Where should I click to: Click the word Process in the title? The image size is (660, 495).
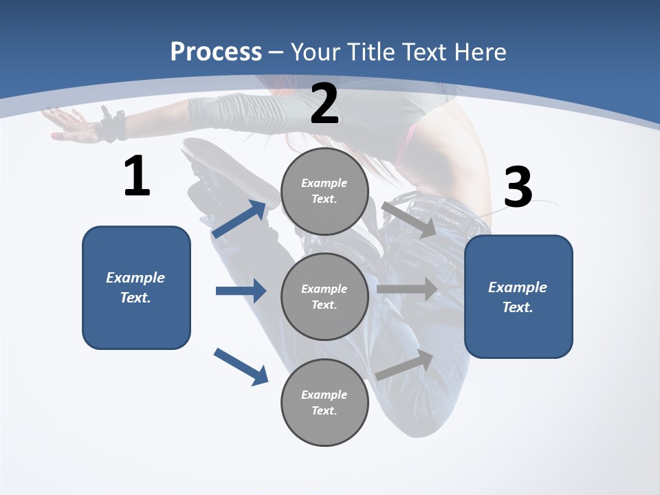click(216, 52)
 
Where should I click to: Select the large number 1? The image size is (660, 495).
click(137, 177)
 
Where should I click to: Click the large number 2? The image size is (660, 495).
click(324, 104)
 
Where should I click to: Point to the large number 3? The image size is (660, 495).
click(518, 187)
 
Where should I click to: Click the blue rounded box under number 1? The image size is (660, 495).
click(136, 287)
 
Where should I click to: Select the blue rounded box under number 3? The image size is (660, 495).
click(518, 296)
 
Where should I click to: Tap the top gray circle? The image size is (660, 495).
click(324, 191)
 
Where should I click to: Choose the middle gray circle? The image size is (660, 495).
click(324, 296)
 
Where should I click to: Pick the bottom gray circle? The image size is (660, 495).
click(324, 402)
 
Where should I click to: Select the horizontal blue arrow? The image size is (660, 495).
click(241, 291)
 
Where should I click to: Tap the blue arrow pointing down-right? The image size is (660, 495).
click(241, 366)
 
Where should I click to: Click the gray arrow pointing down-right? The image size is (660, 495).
click(408, 219)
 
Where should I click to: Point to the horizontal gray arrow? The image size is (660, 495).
click(407, 289)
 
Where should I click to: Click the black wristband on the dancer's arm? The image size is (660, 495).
click(112, 126)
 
